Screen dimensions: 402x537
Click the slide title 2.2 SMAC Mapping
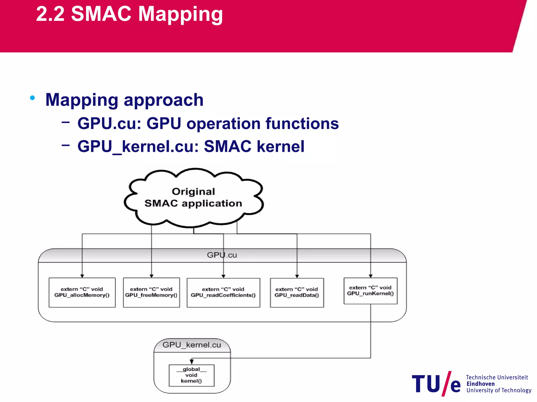coord(129,14)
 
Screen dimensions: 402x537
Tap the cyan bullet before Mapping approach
coord(33,98)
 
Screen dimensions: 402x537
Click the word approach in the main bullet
coord(163,100)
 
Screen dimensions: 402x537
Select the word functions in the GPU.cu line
coord(302,123)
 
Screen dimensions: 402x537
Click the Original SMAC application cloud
coord(194,198)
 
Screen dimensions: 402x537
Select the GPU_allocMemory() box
coord(82,292)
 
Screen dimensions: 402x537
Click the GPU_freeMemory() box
coord(151,292)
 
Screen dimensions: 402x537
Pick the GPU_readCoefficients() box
coord(223,292)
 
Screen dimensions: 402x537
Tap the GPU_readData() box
coord(297,292)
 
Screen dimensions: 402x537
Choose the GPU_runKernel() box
coord(370,291)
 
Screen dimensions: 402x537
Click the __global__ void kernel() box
coord(191,375)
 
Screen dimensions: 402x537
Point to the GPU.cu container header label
coord(222,255)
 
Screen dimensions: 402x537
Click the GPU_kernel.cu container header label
coord(192,345)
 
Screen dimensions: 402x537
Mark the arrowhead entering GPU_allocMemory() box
coord(82,276)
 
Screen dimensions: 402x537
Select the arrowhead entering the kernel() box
coord(192,362)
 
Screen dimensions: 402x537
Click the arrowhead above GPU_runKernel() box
coord(370,276)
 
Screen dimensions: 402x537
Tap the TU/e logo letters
coord(436,384)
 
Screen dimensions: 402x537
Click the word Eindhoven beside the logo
coord(480,384)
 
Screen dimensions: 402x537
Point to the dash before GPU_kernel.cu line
coord(66,145)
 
